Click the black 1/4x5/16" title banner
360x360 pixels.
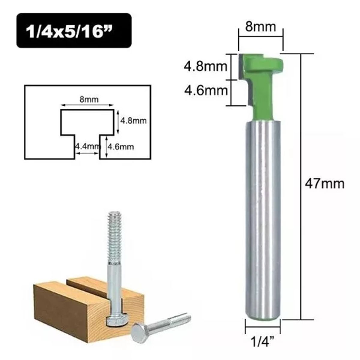(74, 31)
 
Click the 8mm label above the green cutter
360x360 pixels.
(260, 27)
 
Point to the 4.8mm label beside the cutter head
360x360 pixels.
(205, 66)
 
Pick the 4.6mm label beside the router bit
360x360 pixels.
(205, 90)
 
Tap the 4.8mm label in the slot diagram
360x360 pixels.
(133, 121)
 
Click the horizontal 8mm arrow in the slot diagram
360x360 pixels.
(87, 105)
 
